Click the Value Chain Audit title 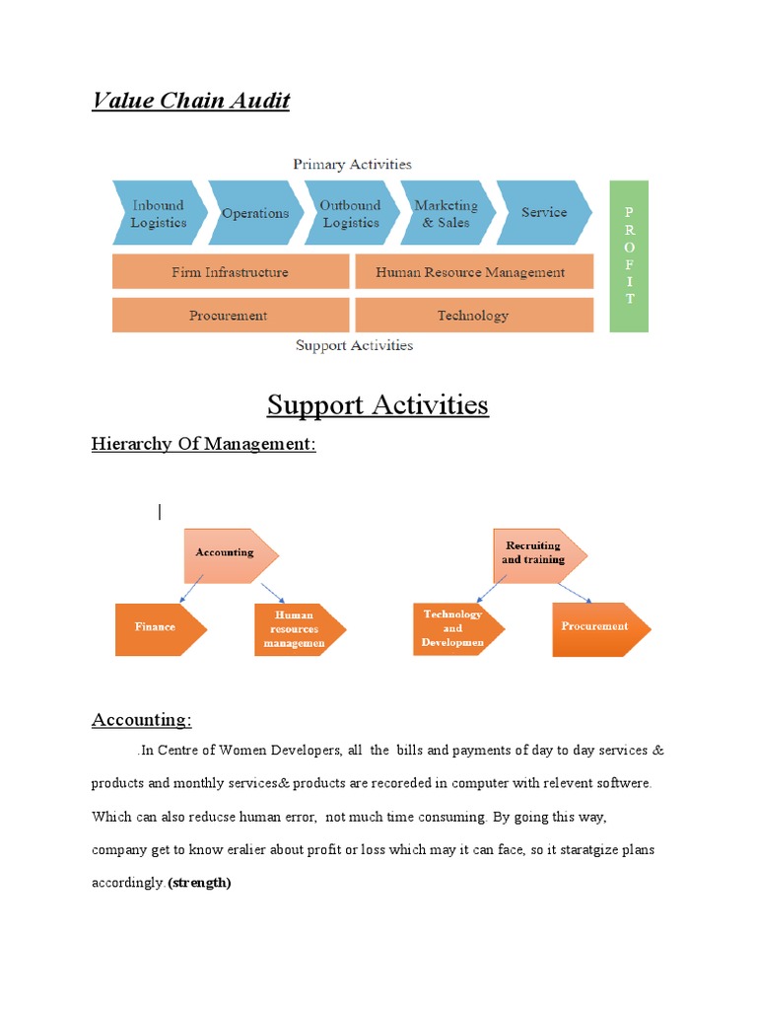pos(190,101)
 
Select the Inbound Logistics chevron pos(159,214)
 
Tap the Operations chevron pos(255,213)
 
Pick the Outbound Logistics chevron pos(350,214)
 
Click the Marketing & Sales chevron pos(446,214)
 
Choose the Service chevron pos(544,212)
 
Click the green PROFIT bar pos(629,256)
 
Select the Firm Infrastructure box pos(231,272)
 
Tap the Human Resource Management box pos(473,272)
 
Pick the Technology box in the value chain pos(473,316)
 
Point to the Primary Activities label pos(352,164)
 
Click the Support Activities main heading pos(378,404)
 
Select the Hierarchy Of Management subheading pos(204,444)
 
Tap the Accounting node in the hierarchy pos(227,554)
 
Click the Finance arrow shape pos(158,628)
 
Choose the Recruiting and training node pos(534,553)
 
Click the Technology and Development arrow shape pos(454,628)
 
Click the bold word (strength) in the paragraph pos(199,883)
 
